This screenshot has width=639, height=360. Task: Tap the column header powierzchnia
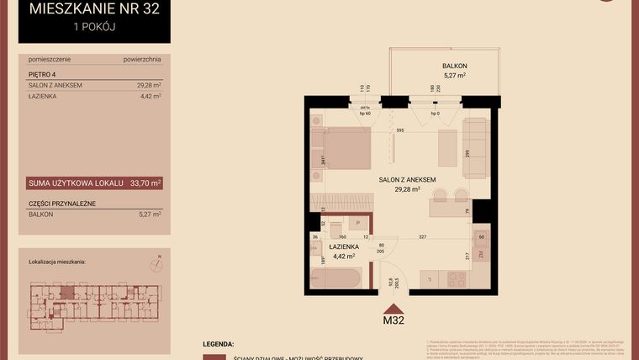click(141, 60)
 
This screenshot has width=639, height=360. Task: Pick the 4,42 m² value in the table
click(148, 97)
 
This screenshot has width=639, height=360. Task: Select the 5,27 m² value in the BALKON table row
click(148, 214)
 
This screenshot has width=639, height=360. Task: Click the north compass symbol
click(155, 265)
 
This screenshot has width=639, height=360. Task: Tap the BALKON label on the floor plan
click(454, 66)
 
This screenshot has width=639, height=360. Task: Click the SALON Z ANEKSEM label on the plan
click(406, 180)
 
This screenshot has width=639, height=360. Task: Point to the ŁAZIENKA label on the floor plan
click(344, 246)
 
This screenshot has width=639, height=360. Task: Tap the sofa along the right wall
click(475, 147)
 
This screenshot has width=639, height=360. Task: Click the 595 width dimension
click(400, 130)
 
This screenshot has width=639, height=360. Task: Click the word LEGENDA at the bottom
click(219, 345)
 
